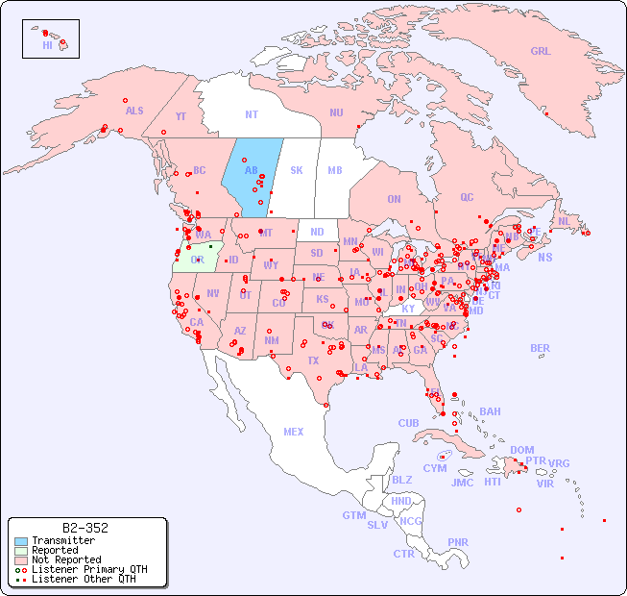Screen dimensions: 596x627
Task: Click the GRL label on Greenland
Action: [541, 52]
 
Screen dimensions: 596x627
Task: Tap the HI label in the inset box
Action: [47, 45]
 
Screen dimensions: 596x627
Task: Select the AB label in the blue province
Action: [251, 170]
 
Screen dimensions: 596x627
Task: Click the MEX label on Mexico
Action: [293, 432]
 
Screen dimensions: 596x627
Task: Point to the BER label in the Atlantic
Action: [540, 348]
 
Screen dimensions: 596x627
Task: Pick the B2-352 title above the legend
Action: [84, 528]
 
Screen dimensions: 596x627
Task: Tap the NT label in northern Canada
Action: [251, 114]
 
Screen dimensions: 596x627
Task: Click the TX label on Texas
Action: [312, 360]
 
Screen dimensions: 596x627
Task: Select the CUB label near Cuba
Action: [408, 423]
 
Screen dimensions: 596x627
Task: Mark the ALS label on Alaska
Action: [134, 111]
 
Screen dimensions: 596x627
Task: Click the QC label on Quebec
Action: [467, 197]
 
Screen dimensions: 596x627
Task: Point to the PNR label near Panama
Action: [458, 542]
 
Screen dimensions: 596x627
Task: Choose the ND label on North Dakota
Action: [317, 232]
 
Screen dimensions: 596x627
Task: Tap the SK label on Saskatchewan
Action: [296, 170]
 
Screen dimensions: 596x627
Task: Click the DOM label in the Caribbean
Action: [521, 450]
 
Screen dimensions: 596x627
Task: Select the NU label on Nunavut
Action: [336, 112]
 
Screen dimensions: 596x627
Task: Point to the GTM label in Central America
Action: [353, 515]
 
